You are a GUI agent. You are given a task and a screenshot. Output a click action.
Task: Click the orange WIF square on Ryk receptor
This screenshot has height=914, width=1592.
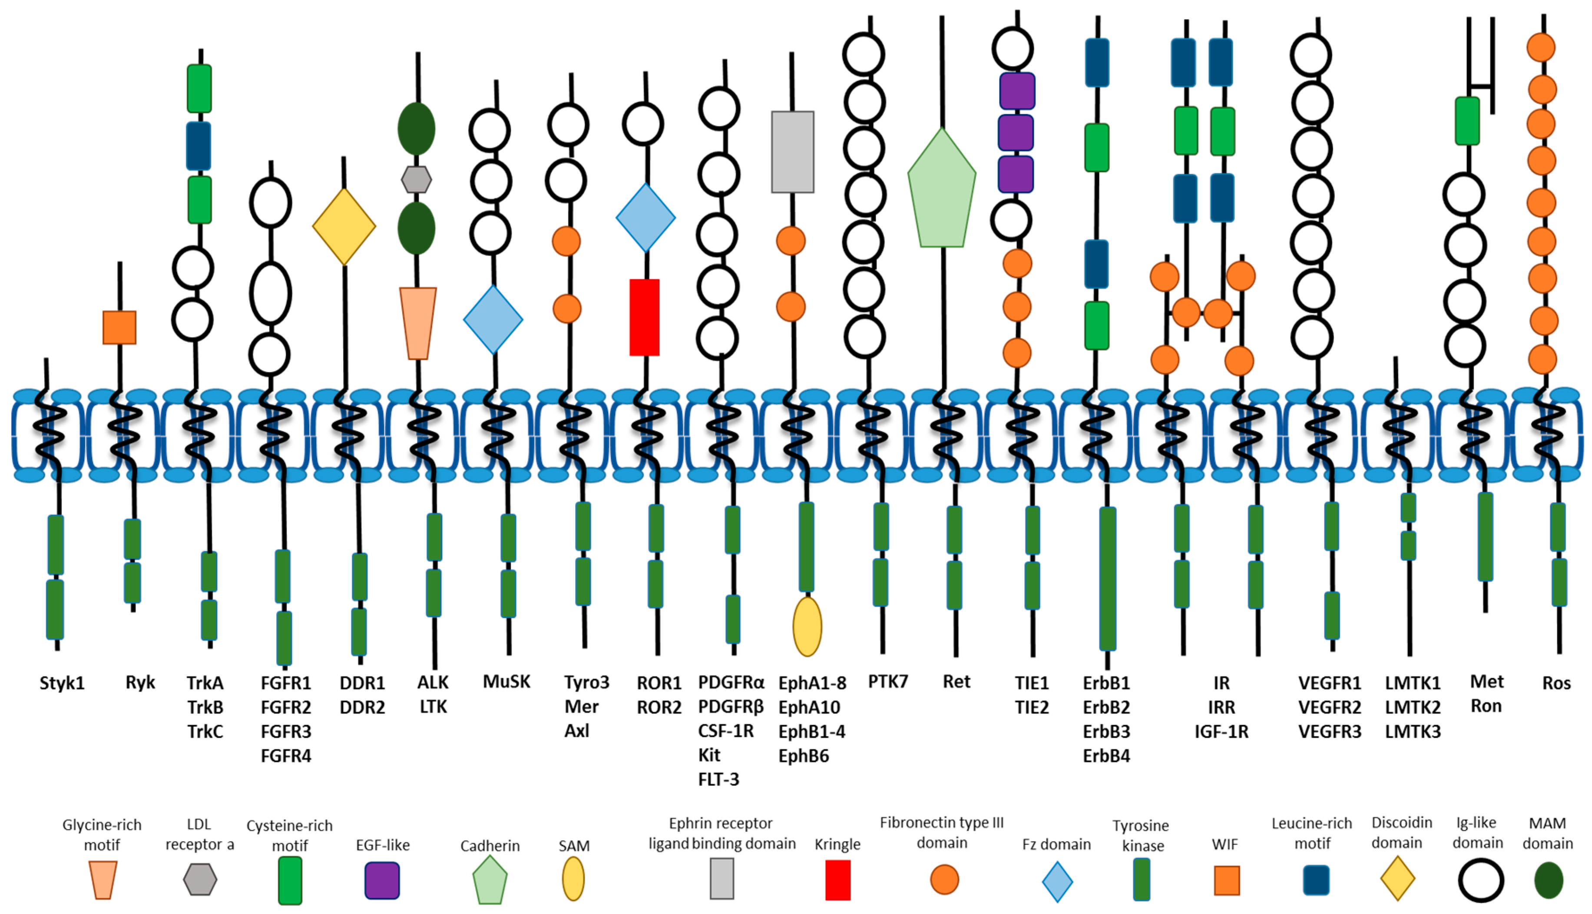pyautogui.click(x=119, y=327)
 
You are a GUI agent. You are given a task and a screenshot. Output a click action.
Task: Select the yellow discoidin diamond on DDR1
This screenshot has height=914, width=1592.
pyautogui.click(x=344, y=227)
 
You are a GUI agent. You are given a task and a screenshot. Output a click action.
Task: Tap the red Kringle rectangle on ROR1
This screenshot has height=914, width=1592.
pyautogui.click(x=645, y=317)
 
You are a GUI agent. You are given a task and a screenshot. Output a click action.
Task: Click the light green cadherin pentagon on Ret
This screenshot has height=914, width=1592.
pyautogui.click(x=941, y=192)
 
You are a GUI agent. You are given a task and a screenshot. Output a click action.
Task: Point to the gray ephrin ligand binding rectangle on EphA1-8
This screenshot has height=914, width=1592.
pyautogui.click(x=793, y=152)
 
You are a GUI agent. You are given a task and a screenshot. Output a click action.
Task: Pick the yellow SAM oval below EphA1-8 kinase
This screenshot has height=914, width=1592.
pyautogui.click(x=807, y=626)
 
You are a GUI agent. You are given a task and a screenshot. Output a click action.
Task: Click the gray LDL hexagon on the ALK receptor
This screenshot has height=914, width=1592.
pyautogui.click(x=416, y=179)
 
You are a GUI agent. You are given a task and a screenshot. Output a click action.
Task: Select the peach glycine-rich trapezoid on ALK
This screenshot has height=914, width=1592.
pyautogui.click(x=418, y=323)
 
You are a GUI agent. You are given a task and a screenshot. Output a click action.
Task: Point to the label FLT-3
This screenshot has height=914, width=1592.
pyautogui.click(x=718, y=779)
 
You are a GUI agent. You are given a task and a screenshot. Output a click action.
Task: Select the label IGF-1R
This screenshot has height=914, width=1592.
pyautogui.click(x=1221, y=731)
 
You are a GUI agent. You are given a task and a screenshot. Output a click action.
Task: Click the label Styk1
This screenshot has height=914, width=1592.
pyautogui.click(x=62, y=683)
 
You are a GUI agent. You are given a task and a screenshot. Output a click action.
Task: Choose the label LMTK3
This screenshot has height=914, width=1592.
pyautogui.click(x=1413, y=731)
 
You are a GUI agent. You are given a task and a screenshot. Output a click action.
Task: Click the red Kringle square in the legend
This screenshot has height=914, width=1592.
pyautogui.click(x=838, y=880)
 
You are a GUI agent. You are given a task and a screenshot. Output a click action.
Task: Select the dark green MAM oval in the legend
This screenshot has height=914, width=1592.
pyautogui.click(x=1548, y=880)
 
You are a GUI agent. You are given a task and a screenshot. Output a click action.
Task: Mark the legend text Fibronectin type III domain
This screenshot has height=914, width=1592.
pyautogui.click(x=941, y=832)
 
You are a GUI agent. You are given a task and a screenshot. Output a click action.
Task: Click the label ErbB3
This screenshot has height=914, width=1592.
pyautogui.click(x=1106, y=731)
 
